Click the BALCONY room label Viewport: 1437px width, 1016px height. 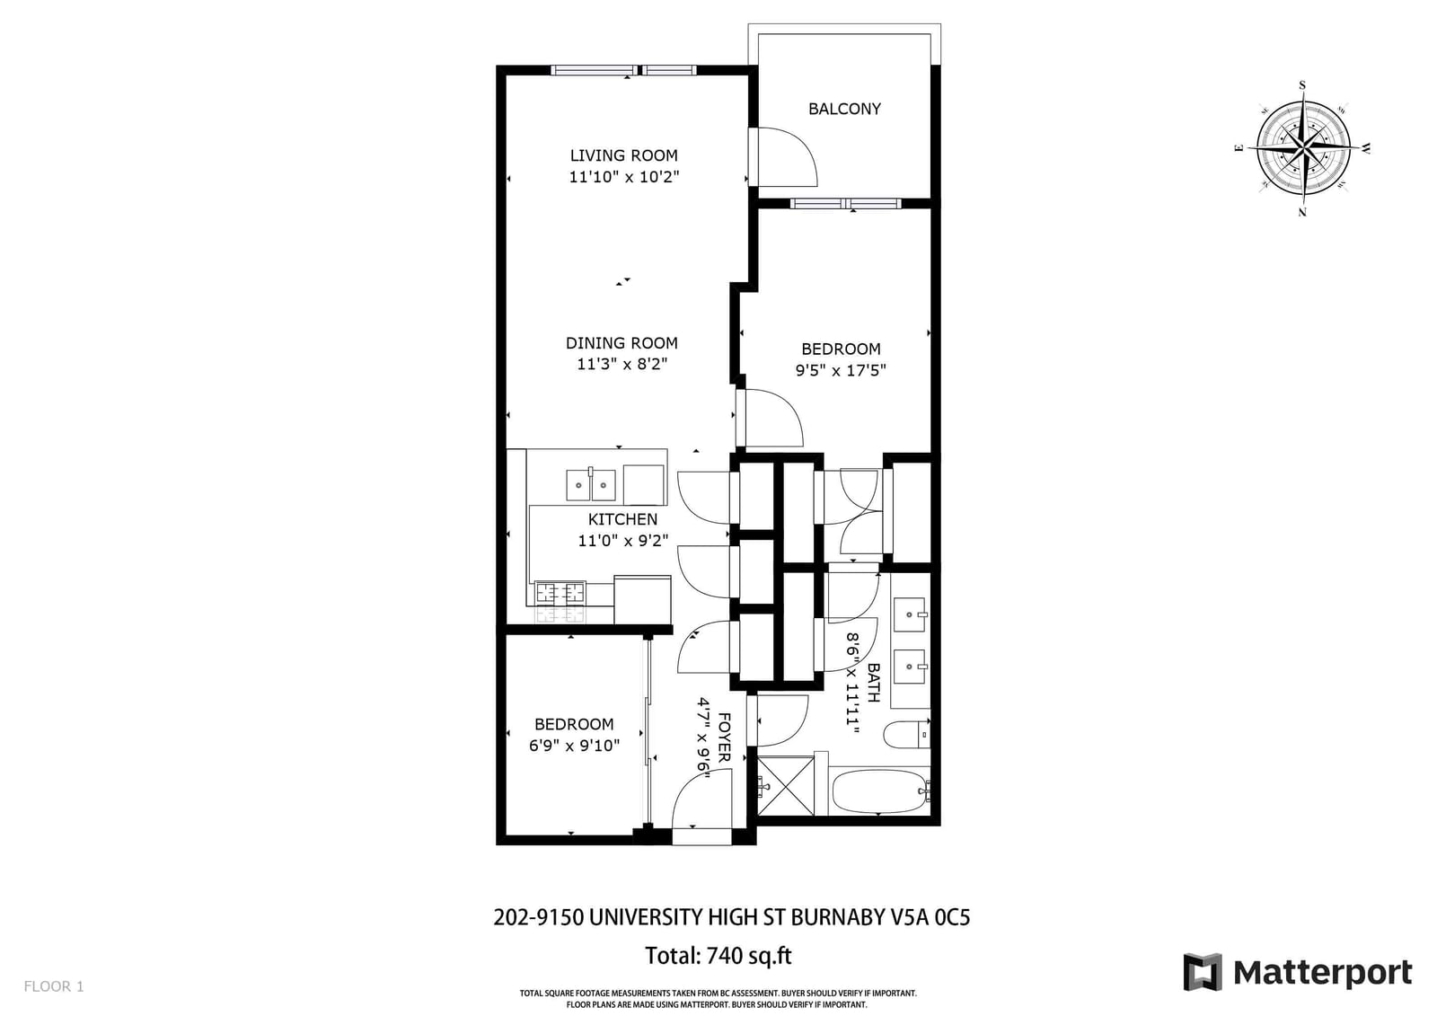coord(844,109)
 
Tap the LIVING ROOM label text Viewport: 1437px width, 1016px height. coord(623,155)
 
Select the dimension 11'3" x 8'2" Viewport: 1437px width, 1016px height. coord(622,364)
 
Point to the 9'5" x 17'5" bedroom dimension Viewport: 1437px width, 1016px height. coord(841,370)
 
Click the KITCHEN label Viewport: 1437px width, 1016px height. coord(622,518)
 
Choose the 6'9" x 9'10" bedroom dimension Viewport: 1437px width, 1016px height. coord(574,745)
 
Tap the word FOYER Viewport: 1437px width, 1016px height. coord(724,737)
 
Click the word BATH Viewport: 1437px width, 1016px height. coord(873,682)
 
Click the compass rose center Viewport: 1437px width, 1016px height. coord(1303,148)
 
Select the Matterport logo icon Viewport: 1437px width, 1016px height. coord(1202,972)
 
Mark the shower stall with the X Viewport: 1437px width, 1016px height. coord(786,786)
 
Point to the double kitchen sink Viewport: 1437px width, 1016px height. coord(591,484)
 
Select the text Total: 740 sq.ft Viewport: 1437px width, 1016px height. coord(718,956)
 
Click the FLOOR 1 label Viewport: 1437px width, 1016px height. coord(54,986)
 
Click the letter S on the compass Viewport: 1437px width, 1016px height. coord(1302,85)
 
